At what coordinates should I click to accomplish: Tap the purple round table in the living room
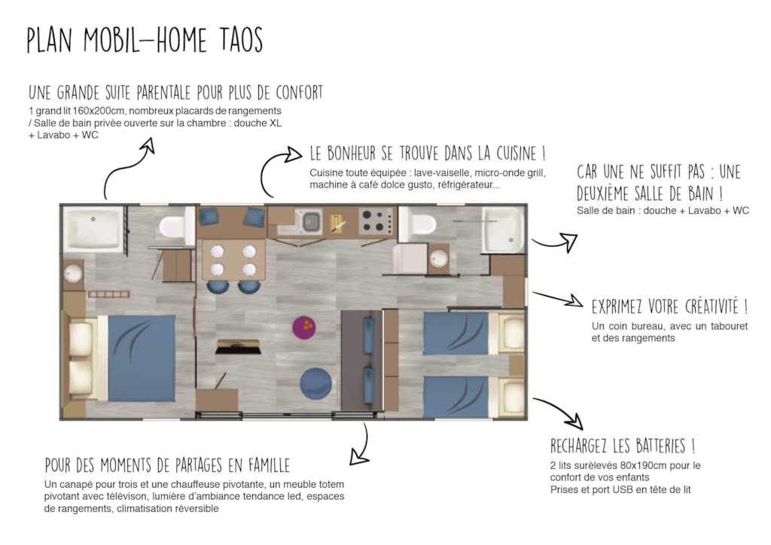click(x=304, y=327)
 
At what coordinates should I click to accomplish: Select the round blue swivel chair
click(x=315, y=384)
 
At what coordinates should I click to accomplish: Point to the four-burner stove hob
click(x=376, y=221)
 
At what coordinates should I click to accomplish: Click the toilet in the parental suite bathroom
click(x=175, y=227)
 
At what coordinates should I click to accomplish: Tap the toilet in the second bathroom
click(x=419, y=225)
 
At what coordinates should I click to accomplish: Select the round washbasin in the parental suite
click(x=73, y=274)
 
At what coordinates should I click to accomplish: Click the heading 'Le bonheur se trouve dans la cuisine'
click(x=428, y=154)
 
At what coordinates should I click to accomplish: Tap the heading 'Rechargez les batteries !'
click(x=623, y=446)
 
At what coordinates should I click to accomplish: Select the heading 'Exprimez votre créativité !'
click(x=669, y=306)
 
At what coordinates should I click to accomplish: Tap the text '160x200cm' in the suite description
click(x=102, y=111)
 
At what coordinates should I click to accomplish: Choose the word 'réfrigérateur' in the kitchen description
click(x=470, y=185)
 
